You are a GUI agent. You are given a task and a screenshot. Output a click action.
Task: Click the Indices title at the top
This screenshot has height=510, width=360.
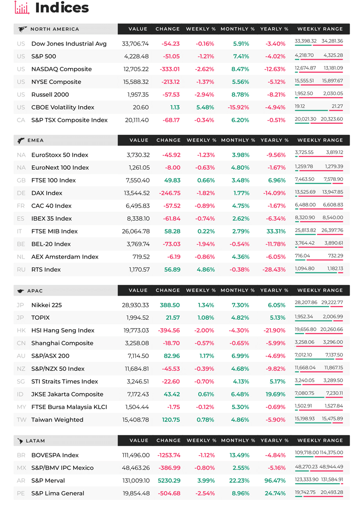click(62, 8)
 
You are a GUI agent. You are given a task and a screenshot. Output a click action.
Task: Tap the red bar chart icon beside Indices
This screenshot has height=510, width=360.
click(22, 8)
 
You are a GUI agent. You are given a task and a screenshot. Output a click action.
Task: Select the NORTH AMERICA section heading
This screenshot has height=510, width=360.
click(54, 29)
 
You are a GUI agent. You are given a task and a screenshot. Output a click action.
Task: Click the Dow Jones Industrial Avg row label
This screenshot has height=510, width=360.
click(69, 44)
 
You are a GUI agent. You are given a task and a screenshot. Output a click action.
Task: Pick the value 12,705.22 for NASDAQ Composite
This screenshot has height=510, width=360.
click(136, 69)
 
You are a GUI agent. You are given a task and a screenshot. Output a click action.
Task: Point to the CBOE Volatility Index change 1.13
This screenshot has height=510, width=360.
click(175, 107)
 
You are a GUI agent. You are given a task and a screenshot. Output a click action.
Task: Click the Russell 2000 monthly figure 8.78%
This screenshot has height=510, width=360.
click(240, 95)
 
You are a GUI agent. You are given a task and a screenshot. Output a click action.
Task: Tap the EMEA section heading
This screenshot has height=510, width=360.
click(35, 140)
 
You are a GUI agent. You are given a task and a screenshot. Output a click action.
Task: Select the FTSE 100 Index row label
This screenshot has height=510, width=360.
click(54, 180)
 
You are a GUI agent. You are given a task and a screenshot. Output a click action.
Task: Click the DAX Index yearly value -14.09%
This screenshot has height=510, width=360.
click(275, 193)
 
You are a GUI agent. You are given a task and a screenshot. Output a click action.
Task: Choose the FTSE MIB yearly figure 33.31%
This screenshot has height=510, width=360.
click(276, 231)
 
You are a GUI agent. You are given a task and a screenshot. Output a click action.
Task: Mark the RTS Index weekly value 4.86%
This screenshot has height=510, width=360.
click(206, 270)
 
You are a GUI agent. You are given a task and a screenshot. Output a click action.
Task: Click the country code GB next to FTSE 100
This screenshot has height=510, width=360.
click(21, 180)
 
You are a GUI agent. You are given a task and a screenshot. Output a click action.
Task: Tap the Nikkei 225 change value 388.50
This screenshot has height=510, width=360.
click(170, 305)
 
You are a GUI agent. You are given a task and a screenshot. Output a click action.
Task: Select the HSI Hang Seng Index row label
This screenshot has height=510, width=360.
click(63, 330)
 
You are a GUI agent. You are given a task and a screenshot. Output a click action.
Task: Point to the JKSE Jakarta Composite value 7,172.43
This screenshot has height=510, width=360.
click(138, 394)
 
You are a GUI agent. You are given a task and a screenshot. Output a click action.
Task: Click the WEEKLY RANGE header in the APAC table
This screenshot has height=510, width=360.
click(320, 290)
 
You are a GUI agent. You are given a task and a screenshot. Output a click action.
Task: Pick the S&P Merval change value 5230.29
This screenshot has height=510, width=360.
click(169, 481)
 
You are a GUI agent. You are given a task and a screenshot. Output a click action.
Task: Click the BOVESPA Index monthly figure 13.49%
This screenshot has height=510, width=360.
click(240, 455)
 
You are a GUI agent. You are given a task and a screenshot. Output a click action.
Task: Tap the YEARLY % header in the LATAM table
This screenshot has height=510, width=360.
click(275, 440)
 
